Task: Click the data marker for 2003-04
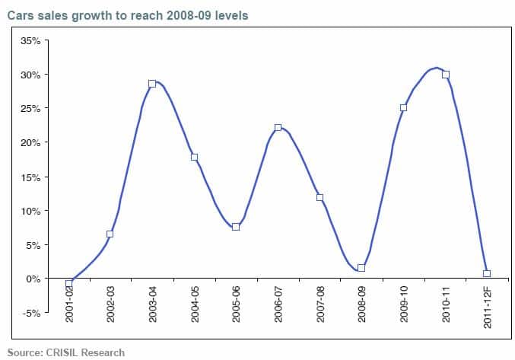[x=152, y=84]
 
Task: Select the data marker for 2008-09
[x=361, y=268]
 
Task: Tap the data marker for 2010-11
[x=446, y=75]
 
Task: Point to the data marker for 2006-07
[x=278, y=128]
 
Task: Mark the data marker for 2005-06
[x=236, y=227]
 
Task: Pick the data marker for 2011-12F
[x=487, y=273]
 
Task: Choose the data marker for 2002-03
[x=110, y=234]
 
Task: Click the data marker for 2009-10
[x=403, y=108]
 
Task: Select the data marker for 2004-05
[x=194, y=158]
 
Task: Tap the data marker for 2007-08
[x=319, y=198]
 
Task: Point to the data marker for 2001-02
[x=68, y=283]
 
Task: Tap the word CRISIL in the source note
[x=64, y=352]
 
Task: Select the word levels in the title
[x=230, y=15]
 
